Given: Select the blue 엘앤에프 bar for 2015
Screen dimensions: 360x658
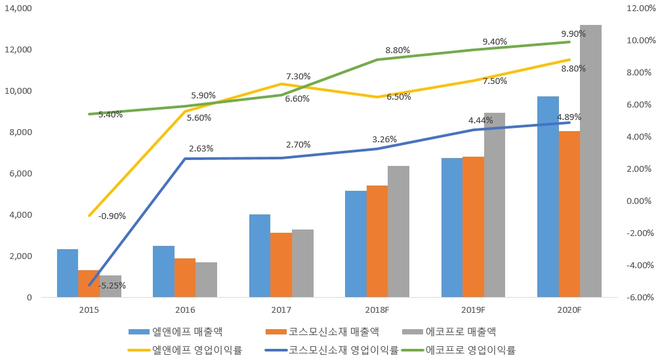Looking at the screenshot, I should tap(68, 273).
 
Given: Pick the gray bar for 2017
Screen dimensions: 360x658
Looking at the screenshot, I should tap(302, 264).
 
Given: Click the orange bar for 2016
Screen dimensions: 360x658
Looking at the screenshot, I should tap(185, 278).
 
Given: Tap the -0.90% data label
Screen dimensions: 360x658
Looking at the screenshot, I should tap(112, 216).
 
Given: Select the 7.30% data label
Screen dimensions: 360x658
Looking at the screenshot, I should tap(298, 76).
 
